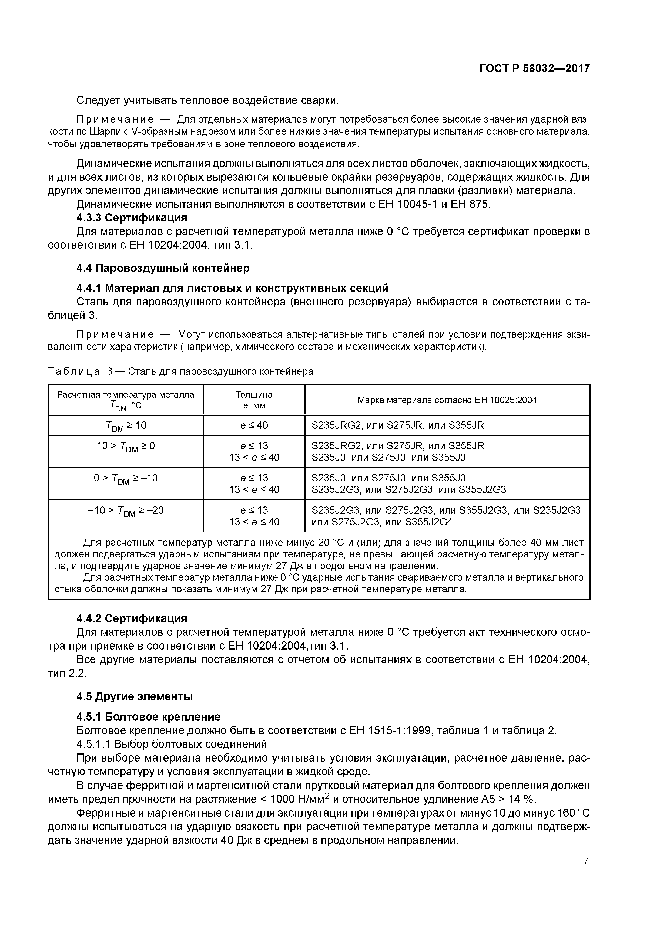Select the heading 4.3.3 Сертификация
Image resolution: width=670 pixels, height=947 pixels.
point(132,218)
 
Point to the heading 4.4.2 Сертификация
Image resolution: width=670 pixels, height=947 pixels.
point(132,619)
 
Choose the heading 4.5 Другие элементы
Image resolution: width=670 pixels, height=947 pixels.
point(135,697)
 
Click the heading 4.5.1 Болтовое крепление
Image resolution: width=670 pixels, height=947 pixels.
point(148,716)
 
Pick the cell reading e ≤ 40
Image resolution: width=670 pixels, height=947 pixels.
point(254,425)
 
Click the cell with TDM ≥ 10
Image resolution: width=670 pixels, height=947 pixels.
point(126,426)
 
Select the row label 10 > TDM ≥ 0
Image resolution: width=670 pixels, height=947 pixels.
point(126,447)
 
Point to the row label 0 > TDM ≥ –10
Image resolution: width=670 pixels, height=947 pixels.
point(126,479)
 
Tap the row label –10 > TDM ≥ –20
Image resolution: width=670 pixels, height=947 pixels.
point(126,511)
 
